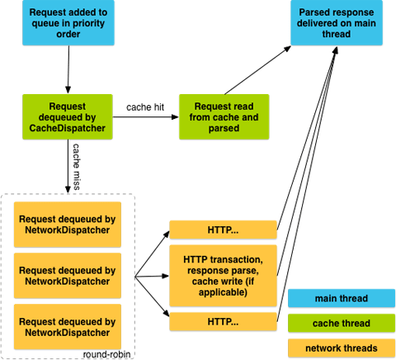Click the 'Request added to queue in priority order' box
(68, 22)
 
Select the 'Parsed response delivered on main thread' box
(337, 22)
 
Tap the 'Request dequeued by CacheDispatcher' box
(68, 116)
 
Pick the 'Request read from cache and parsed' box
(224, 116)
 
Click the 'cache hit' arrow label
(145, 107)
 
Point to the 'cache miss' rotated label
(76, 167)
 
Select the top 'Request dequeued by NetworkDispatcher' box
(68, 225)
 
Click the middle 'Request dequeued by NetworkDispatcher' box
(68, 276)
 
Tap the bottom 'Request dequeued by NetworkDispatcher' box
(68, 327)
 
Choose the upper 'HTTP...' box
(223, 230)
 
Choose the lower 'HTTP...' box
(223, 321)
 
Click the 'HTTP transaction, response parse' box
(223, 276)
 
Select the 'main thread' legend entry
(342, 298)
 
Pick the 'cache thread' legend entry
(342, 323)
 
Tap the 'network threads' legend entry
(342, 348)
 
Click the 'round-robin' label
(106, 354)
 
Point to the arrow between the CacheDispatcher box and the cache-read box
(146, 117)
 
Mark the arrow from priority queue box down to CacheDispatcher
(68, 69)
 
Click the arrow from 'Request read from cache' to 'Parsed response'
(257, 70)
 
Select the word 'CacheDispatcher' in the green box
(68, 128)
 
